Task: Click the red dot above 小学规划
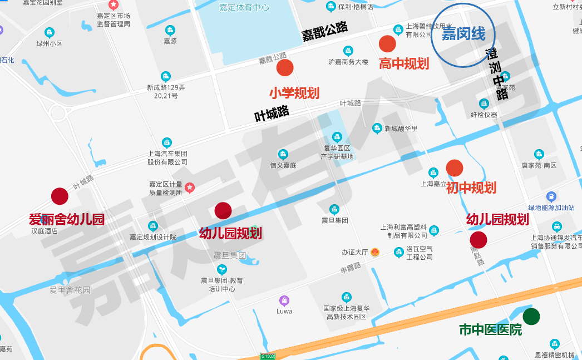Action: pyautogui.click(x=285, y=68)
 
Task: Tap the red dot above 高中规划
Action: pyautogui.click(x=387, y=43)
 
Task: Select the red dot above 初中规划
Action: pyautogui.click(x=455, y=168)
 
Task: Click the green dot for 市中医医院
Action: pyautogui.click(x=531, y=316)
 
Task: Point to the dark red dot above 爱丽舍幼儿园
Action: pyautogui.click(x=60, y=196)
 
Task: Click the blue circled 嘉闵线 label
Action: pyautogui.click(x=463, y=35)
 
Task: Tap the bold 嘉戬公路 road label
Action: pyautogui.click(x=325, y=31)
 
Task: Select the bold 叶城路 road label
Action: pyautogui.click(x=272, y=113)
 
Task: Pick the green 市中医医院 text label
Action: pyautogui.click(x=490, y=330)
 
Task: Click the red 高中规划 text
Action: pyautogui.click(x=404, y=63)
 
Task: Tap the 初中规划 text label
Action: pyautogui.click(x=471, y=188)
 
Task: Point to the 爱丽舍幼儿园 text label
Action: pyautogui.click(x=67, y=219)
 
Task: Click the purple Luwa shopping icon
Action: pyautogui.click(x=284, y=300)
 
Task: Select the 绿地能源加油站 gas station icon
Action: pyautogui.click(x=551, y=196)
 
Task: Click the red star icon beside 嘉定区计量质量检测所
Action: pyautogui.click(x=190, y=188)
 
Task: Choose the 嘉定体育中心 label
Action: pyautogui.click(x=244, y=7)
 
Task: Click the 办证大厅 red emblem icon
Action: pyautogui.click(x=376, y=252)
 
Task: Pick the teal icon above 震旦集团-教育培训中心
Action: pyautogui.click(x=222, y=269)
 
